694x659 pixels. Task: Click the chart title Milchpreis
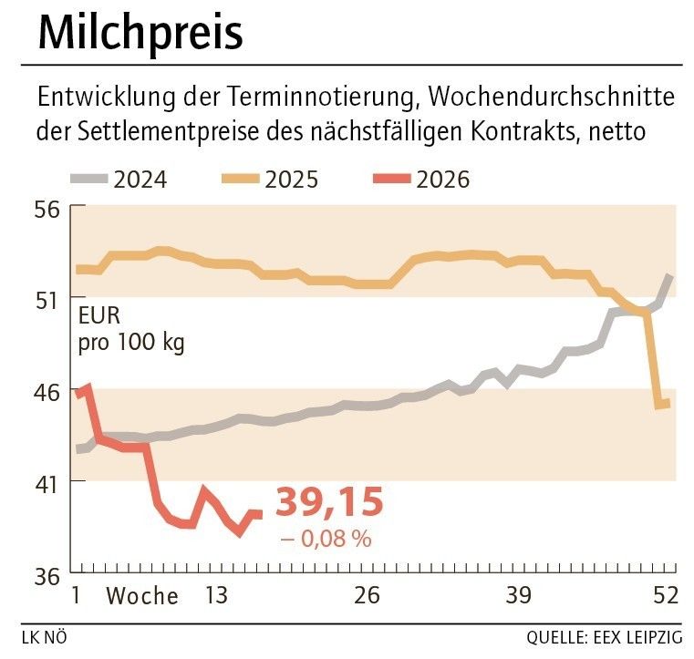point(140,34)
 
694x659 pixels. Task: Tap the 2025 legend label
point(291,179)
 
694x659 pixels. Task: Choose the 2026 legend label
point(442,179)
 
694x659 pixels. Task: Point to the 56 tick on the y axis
point(48,209)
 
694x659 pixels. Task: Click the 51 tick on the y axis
point(48,299)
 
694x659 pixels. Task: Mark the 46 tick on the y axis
point(48,390)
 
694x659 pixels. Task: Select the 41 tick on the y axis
point(48,480)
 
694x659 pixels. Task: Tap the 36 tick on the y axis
point(48,576)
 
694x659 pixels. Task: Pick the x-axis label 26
point(367,596)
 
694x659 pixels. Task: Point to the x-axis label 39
point(518,596)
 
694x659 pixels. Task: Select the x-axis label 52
point(666,596)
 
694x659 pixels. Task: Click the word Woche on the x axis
point(142,596)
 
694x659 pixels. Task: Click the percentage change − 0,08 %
point(326,539)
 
